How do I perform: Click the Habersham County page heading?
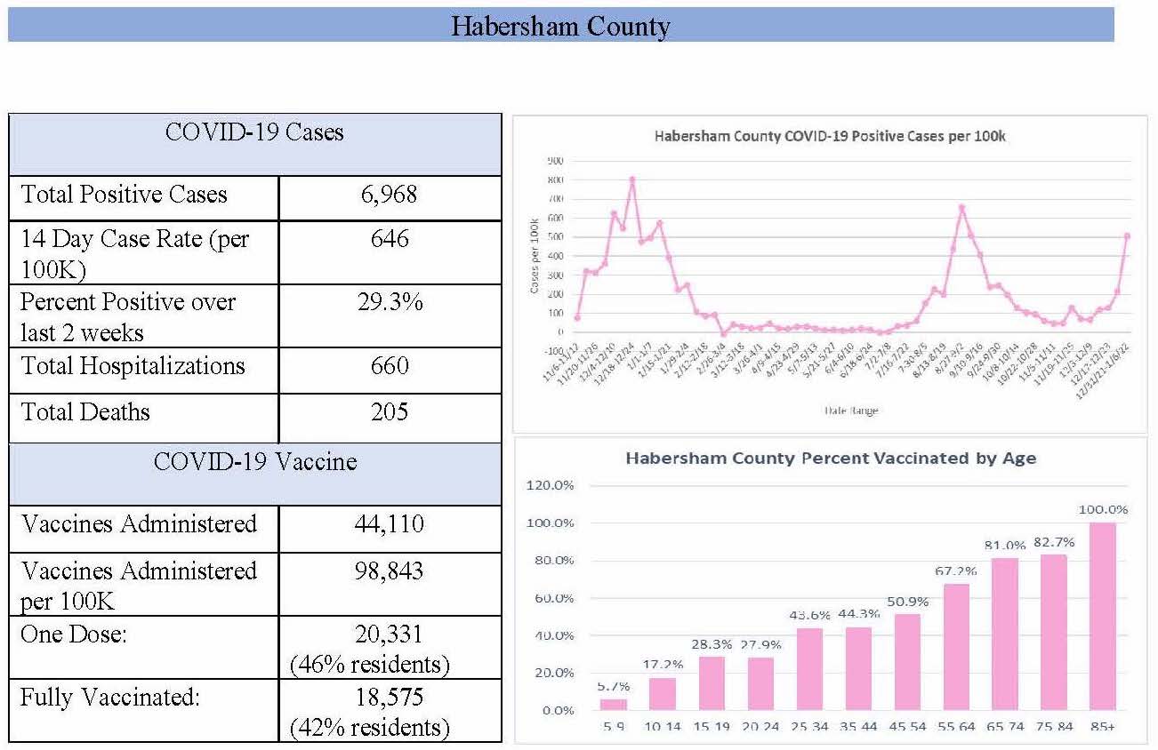[560, 25]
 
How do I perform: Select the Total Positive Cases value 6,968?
[390, 195]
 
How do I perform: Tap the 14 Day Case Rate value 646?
[390, 238]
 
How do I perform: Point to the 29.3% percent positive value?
[390, 302]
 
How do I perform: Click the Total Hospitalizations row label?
[133, 366]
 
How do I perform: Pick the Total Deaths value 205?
[390, 412]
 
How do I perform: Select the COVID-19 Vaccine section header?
[255, 462]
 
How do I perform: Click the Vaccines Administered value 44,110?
[390, 524]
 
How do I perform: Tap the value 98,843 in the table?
[390, 570]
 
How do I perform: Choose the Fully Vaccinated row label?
[109, 697]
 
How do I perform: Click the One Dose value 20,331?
[390, 634]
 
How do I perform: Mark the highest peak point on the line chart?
[631, 179]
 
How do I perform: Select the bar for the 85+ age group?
[1103, 616]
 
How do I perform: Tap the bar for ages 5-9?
[613, 704]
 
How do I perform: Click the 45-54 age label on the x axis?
[907, 726]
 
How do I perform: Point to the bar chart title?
[831, 459]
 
